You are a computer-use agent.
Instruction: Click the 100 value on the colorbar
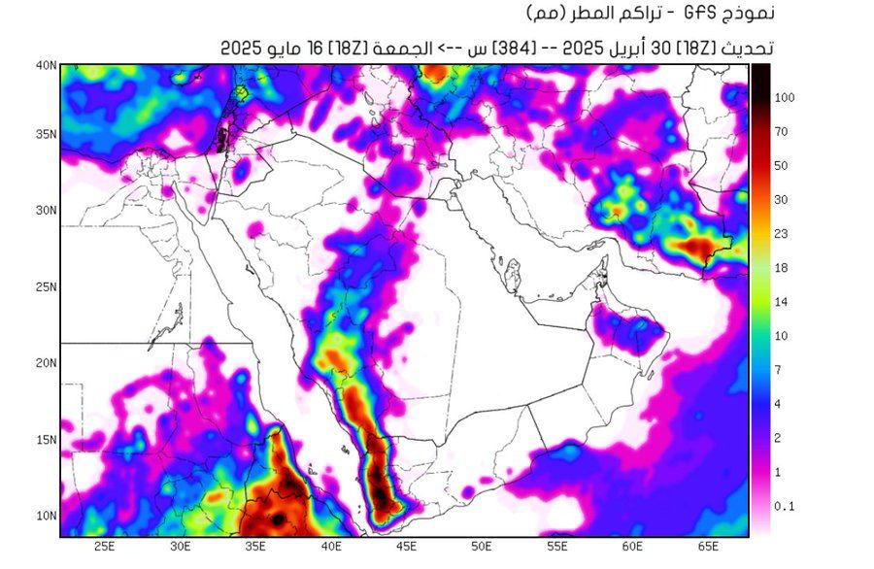786,97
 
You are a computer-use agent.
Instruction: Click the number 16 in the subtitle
315,47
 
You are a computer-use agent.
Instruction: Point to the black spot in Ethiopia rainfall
280,519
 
